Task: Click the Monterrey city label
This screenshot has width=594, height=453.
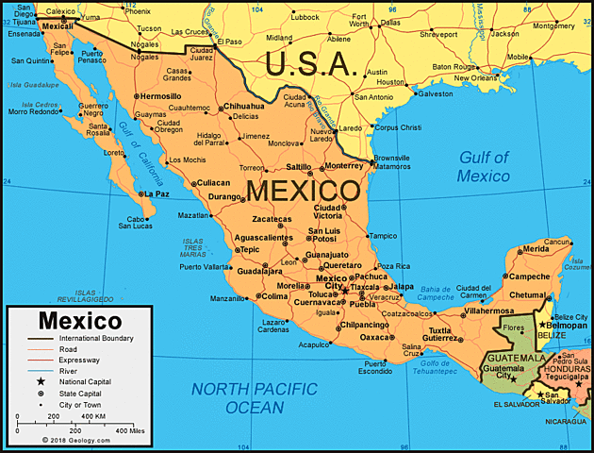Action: [342, 165]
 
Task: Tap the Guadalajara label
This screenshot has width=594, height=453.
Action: [235, 271]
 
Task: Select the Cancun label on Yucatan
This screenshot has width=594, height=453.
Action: [557, 242]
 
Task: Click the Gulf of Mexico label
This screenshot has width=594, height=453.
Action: [484, 166]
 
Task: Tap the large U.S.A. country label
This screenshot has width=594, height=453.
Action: [310, 64]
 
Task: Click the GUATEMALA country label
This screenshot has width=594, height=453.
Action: [514, 359]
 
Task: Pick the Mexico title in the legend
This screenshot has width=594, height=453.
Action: [79, 321]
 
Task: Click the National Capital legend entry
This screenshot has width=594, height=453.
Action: [89, 381]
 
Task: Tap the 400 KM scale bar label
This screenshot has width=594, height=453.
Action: [92, 416]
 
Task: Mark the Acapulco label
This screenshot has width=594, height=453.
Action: [315, 344]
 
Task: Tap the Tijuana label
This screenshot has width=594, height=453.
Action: [23, 22]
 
